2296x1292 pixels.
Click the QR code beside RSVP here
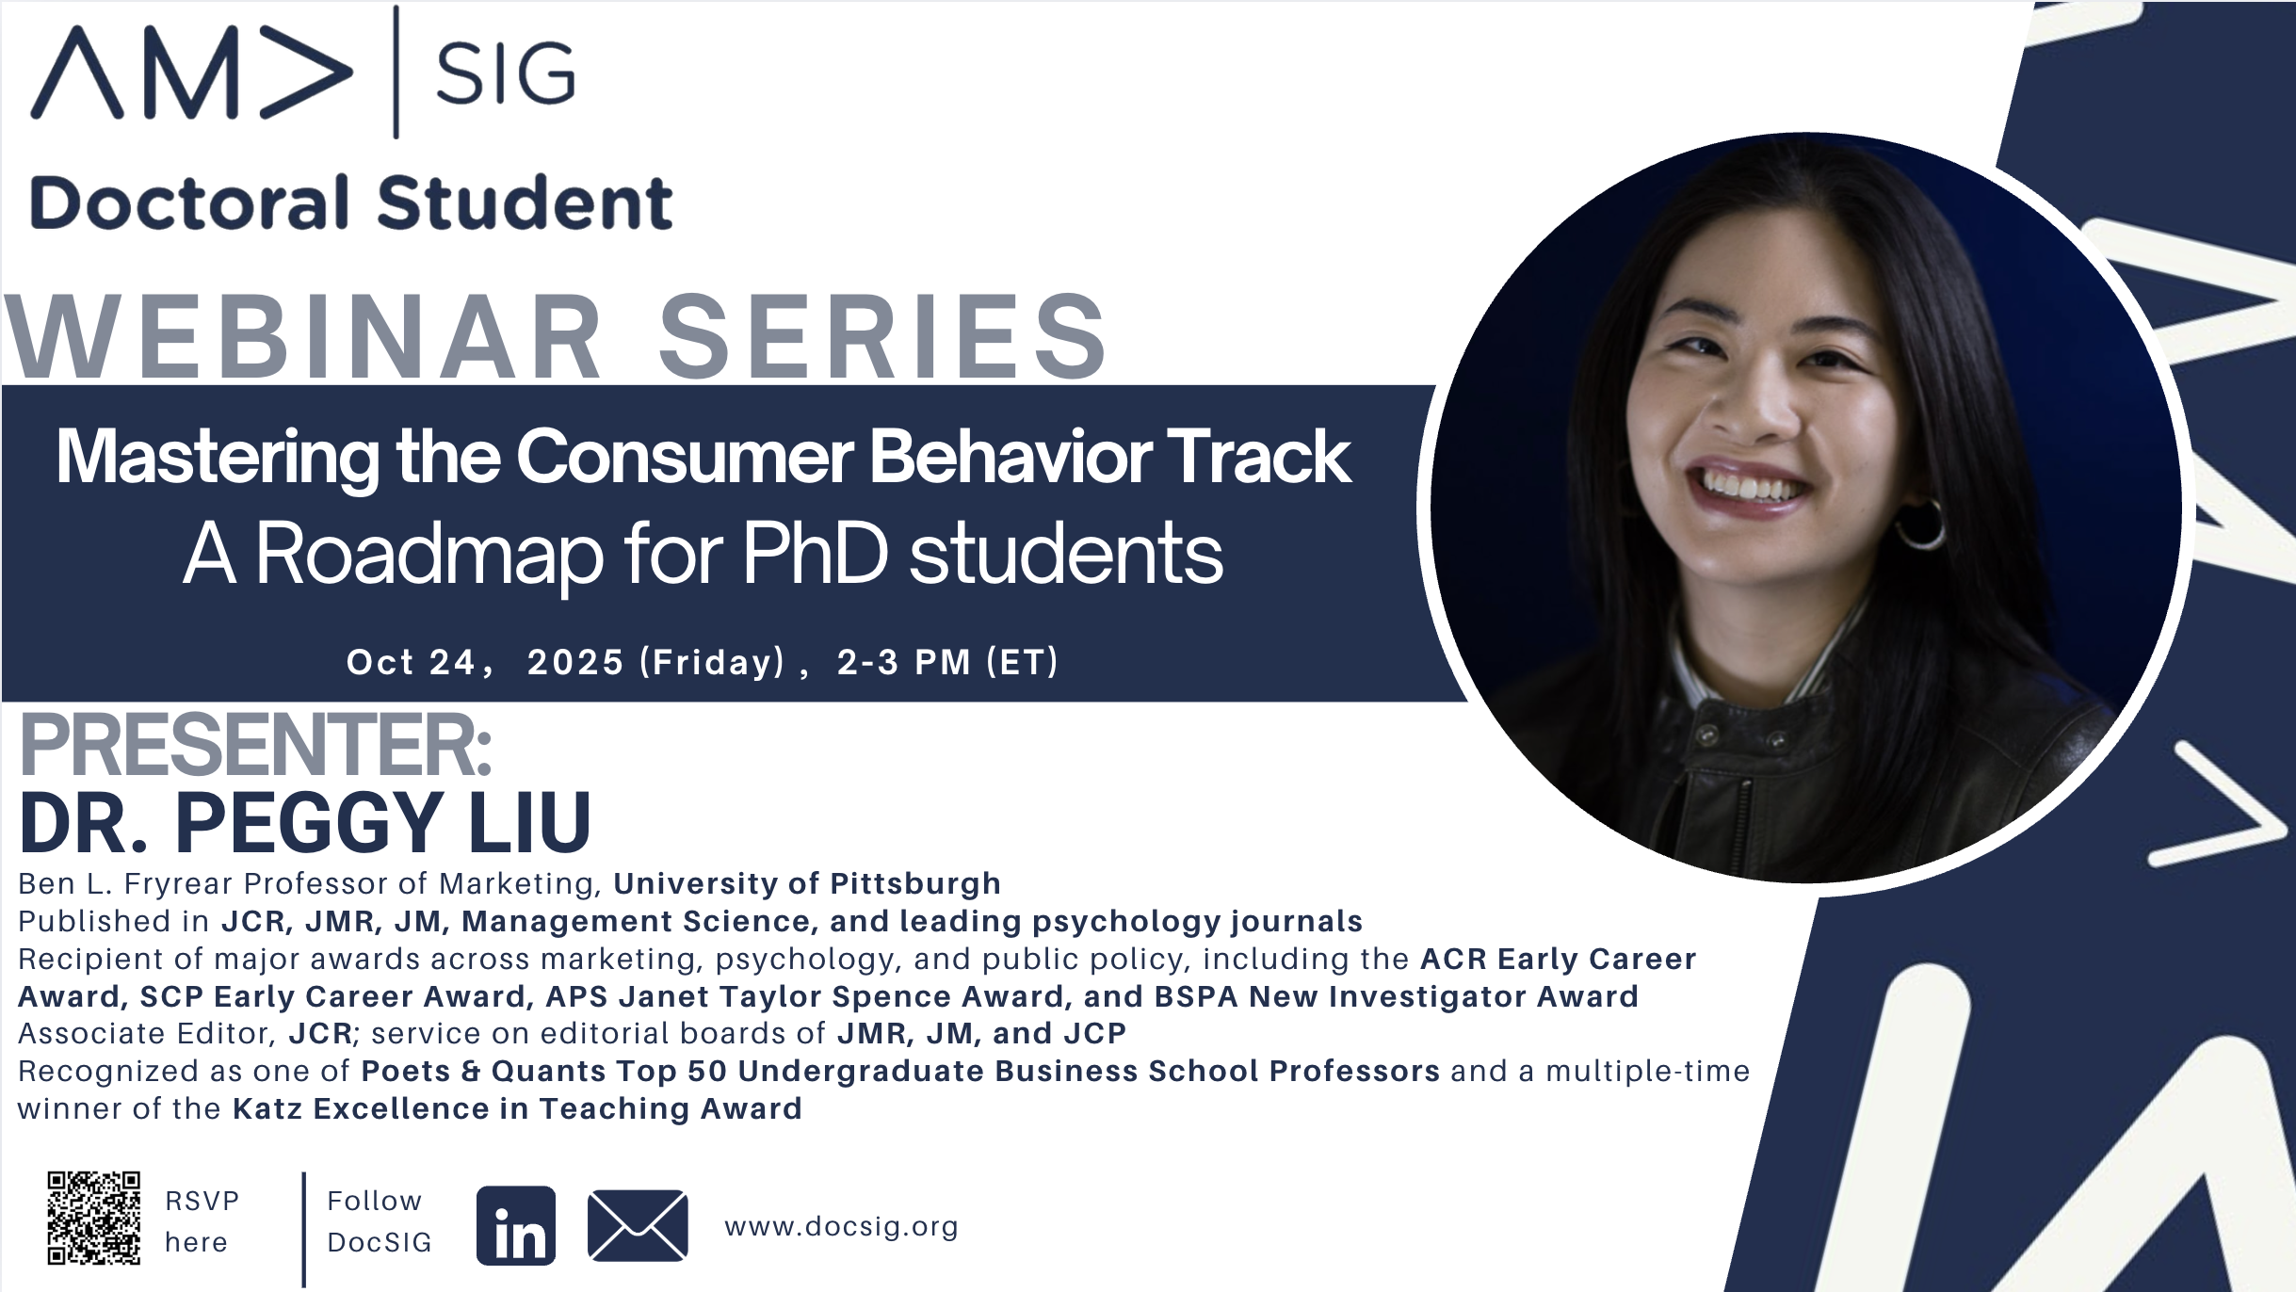point(94,1218)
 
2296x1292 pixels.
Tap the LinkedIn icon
point(516,1225)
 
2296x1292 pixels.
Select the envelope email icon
point(638,1225)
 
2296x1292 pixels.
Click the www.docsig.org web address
point(841,1226)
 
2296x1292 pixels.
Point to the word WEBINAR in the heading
point(303,335)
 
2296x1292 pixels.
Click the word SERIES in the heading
point(882,335)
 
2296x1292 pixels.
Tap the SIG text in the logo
point(506,74)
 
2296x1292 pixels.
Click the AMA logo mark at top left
point(192,73)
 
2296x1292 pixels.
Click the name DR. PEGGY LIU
point(305,822)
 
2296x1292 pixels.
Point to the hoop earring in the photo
point(1918,524)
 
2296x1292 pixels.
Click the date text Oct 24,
point(420,662)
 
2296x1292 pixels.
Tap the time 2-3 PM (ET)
point(947,662)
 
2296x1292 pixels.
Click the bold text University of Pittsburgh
point(807,883)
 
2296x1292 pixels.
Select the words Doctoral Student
point(351,202)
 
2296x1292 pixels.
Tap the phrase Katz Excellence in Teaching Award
point(517,1108)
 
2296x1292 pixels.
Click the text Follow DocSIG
point(379,1221)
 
